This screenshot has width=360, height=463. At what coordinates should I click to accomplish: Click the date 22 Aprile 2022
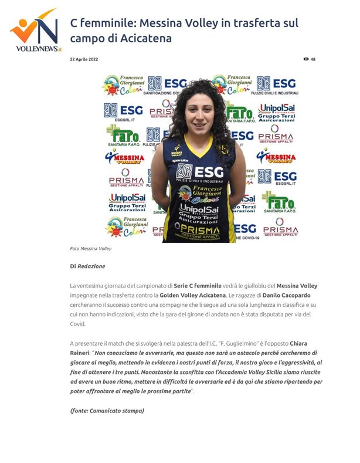(84, 59)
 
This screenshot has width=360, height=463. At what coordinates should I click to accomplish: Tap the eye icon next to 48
(305, 59)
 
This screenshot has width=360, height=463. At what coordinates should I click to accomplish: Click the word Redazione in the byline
(91, 266)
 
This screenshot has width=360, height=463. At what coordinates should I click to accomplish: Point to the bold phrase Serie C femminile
(201, 285)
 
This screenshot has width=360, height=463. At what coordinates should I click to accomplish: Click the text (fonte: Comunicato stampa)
(107, 410)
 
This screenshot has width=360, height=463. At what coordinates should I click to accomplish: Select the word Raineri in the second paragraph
(83, 353)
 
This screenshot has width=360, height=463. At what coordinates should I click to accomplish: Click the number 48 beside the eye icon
(313, 59)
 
